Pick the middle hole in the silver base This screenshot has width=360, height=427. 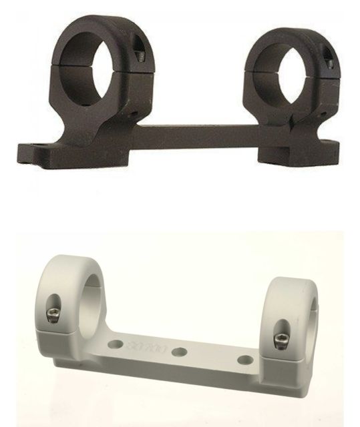click(178, 352)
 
